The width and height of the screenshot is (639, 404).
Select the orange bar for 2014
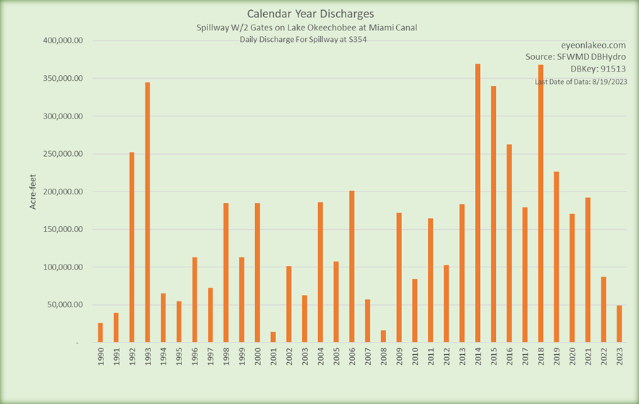(x=478, y=203)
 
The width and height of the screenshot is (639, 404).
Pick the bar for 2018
(x=541, y=203)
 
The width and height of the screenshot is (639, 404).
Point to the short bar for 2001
(x=273, y=337)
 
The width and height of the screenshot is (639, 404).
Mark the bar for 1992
(x=132, y=246)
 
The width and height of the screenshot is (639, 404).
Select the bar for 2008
(x=383, y=336)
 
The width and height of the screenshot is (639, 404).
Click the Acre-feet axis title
(x=33, y=192)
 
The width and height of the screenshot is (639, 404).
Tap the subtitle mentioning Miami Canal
(x=306, y=27)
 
